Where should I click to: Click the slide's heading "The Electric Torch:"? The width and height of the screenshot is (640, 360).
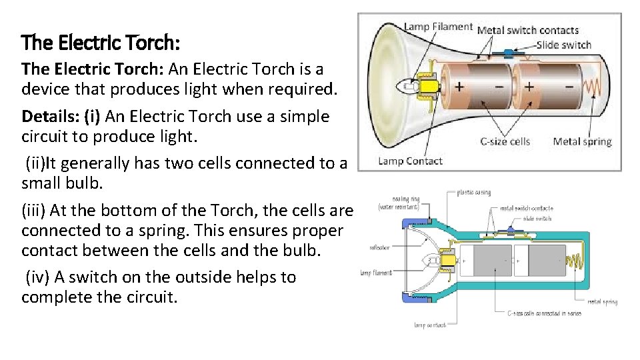pos(100,43)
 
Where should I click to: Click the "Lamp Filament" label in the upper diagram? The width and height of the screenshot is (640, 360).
pos(438,27)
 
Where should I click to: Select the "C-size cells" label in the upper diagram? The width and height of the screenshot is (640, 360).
pos(505,141)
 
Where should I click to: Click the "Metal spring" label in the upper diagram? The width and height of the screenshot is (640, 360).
pos(582,141)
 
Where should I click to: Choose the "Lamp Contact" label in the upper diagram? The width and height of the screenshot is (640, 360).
pos(410,161)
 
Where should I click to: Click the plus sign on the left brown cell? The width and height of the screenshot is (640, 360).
pos(460,87)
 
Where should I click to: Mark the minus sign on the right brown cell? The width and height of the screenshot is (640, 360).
pos(569,87)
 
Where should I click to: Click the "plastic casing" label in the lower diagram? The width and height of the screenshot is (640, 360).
pos(474,193)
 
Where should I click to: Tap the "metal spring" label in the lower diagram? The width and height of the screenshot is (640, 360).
pos(602,301)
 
